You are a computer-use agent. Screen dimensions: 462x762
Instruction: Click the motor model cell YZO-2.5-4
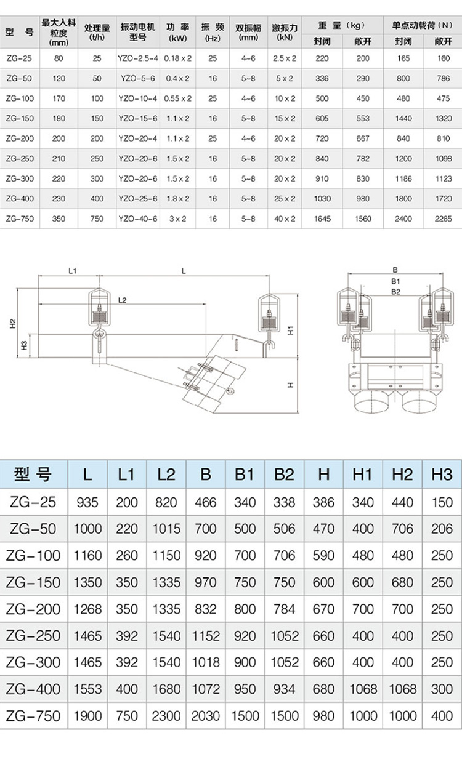138,58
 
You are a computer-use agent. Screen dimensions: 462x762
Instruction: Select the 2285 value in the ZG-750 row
444,219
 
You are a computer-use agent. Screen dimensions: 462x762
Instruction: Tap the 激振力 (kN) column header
285,33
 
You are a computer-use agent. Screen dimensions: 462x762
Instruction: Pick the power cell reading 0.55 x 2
178,98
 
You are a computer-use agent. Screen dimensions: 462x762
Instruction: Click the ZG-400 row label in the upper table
20,199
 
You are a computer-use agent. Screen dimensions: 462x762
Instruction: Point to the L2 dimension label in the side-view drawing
122,300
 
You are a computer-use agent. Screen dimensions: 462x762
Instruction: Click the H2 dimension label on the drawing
13,324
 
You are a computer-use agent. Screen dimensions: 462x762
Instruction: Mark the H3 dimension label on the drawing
24,346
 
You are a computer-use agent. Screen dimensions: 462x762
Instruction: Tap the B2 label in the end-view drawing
395,292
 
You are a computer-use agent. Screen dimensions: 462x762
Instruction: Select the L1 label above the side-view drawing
73,271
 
